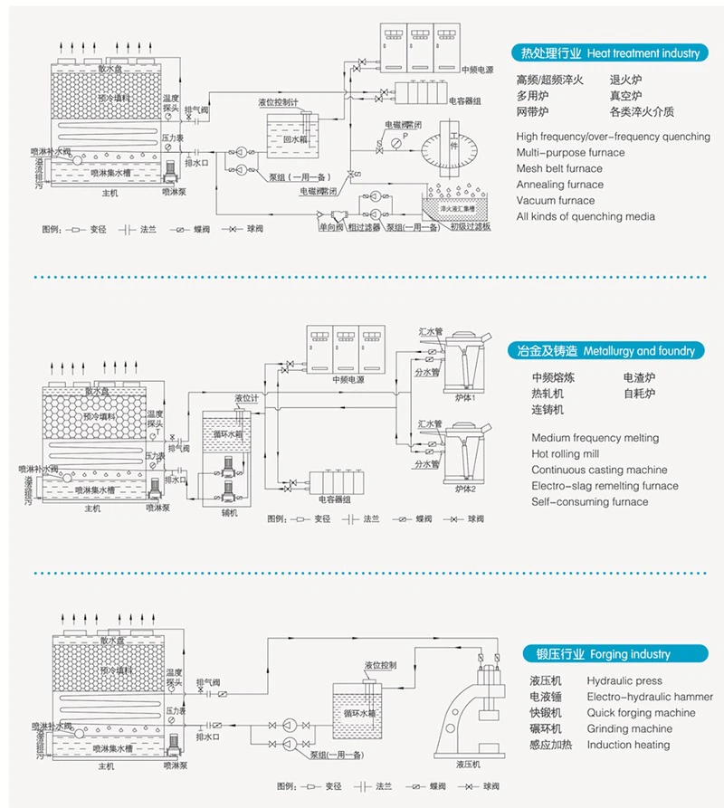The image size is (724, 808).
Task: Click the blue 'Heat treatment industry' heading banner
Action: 605,52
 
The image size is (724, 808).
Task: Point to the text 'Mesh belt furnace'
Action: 559,168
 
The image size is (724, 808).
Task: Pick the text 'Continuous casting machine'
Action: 599,471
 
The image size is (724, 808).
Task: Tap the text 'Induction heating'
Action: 628,746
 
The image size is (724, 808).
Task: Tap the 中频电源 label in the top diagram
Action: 478,70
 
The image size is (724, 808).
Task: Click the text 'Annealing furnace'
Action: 559,185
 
